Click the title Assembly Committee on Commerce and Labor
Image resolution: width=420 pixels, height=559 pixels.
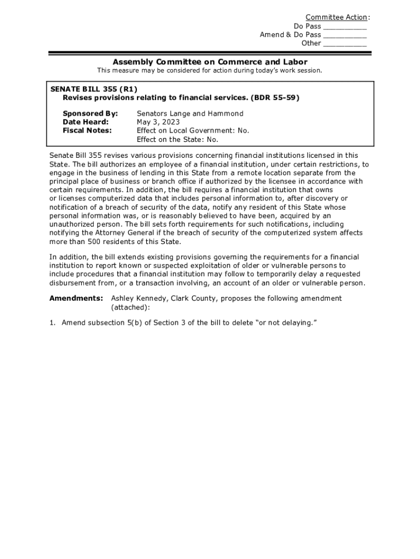209,62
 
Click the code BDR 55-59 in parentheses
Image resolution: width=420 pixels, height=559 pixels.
275,98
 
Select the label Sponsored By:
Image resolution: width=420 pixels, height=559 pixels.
90,114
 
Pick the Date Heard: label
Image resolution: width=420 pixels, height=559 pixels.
86,122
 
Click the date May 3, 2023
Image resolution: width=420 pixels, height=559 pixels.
158,122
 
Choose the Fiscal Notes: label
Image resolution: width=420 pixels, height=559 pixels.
87,130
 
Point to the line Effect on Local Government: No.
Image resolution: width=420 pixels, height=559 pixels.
193,130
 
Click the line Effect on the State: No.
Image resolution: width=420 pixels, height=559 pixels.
177,139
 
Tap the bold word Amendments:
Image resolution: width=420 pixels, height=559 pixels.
76,298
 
